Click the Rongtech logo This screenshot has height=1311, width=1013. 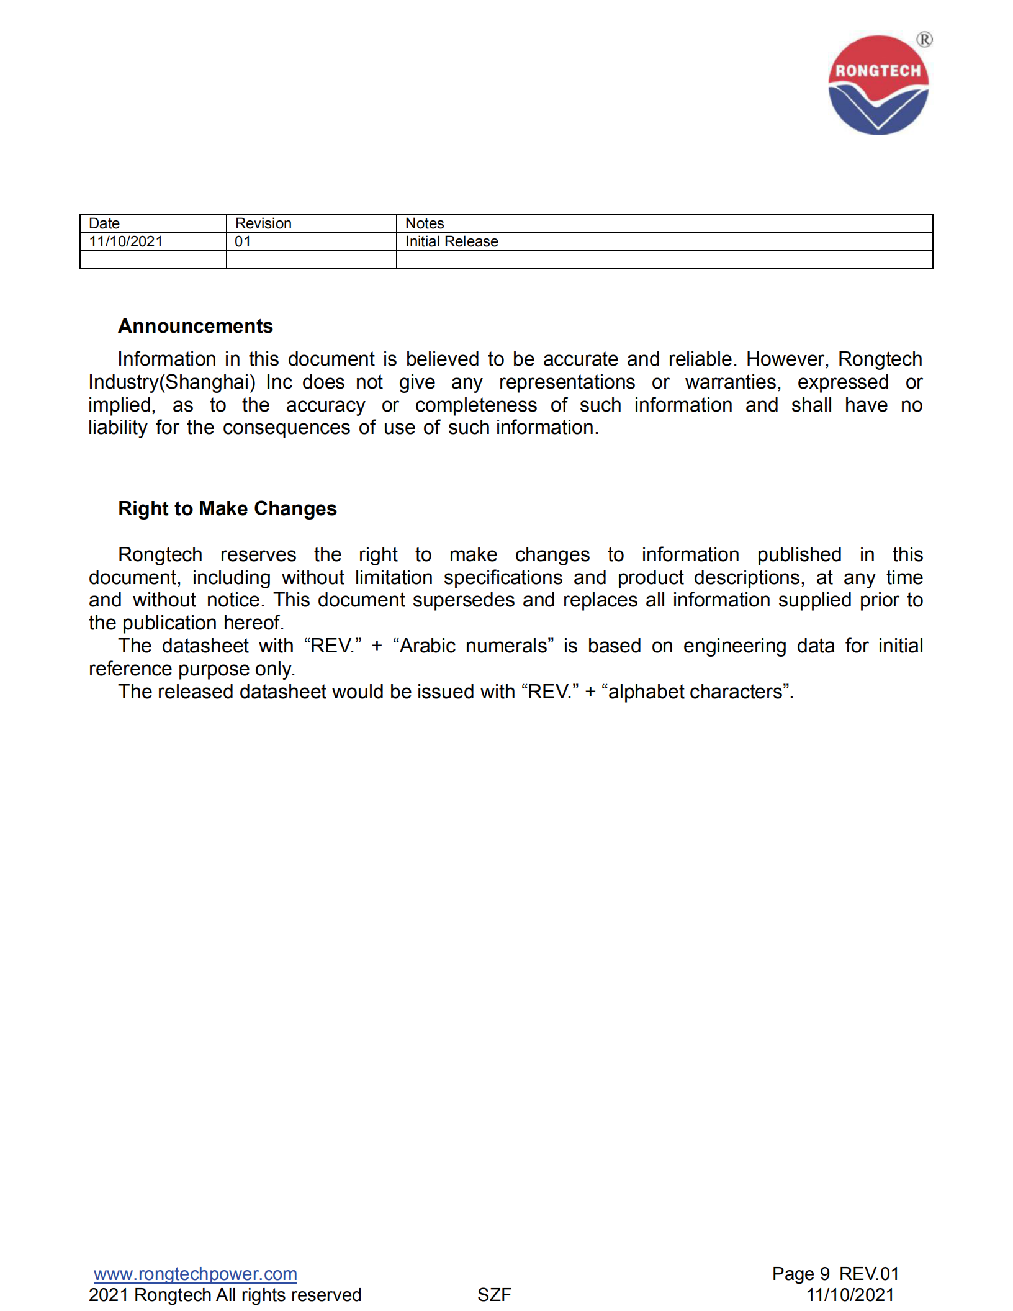pos(878,85)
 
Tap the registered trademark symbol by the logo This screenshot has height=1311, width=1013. pos(924,40)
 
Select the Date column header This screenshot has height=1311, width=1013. pos(104,223)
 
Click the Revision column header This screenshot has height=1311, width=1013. pos(263,223)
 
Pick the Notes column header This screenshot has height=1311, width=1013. pos(425,223)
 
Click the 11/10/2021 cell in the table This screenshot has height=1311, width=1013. pos(126,241)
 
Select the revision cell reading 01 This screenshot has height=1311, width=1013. pos(243,241)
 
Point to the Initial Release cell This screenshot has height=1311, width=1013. pos(451,241)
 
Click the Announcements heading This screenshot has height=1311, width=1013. pos(196,326)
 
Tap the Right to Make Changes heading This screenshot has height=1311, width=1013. pos(227,508)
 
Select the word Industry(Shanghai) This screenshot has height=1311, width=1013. pos(172,382)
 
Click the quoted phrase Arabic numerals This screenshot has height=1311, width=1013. pos(473,646)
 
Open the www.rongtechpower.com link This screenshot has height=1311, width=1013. pos(196,1274)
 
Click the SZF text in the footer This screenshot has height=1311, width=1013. pos(494,1295)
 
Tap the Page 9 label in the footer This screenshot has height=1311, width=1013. pos(801,1274)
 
